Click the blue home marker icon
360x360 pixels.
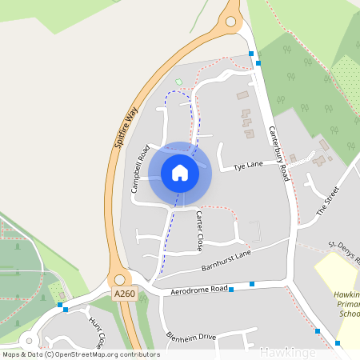[x=180, y=173]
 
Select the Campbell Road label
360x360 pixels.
[x=141, y=169]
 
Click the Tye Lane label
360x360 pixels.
[x=248, y=166]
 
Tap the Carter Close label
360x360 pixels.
[x=199, y=231]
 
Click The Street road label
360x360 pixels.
[x=328, y=202]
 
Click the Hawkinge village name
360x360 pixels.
[x=287, y=351]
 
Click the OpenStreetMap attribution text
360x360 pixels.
[x=81, y=354]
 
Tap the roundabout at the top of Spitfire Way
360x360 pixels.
[x=233, y=20]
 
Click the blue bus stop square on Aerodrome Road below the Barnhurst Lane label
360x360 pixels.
[x=231, y=290]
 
